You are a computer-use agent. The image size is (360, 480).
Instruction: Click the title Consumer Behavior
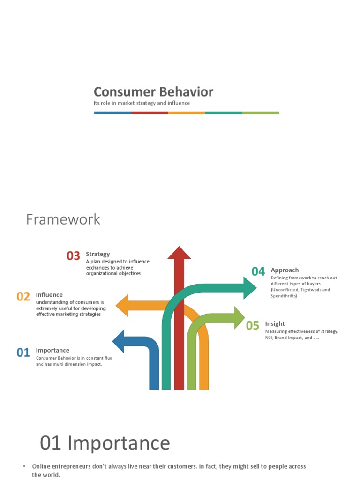click(153, 92)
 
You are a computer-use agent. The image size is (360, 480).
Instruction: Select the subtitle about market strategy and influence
click(142, 103)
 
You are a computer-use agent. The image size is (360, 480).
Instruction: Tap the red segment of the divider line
click(150, 113)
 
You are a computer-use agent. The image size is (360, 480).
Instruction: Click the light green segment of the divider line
click(260, 113)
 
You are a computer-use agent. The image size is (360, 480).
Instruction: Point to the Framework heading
click(63, 219)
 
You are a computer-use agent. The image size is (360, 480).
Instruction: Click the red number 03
click(73, 256)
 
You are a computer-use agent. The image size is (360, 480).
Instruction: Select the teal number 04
click(258, 271)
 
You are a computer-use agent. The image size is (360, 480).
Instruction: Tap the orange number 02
click(23, 297)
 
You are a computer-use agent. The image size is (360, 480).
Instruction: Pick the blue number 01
click(23, 352)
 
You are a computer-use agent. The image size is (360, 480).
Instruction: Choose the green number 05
click(252, 326)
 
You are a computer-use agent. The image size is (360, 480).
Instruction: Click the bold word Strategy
click(97, 254)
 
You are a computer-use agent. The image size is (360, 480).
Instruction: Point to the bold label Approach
click(285, 270)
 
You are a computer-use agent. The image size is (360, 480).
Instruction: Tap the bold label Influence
click(49, 295)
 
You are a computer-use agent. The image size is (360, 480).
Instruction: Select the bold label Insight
click(275, 323)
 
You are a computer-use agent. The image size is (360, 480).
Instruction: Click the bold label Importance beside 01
click(52, 350)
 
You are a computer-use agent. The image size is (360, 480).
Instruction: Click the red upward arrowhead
click(179, 252)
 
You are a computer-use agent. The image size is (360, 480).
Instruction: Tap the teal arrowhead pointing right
click(249, 287)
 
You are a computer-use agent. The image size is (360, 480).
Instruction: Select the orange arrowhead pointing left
click(123, 306)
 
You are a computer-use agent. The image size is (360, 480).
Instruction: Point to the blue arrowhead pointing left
click(119, 341)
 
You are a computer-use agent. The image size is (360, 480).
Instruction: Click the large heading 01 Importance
click(105, 443)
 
